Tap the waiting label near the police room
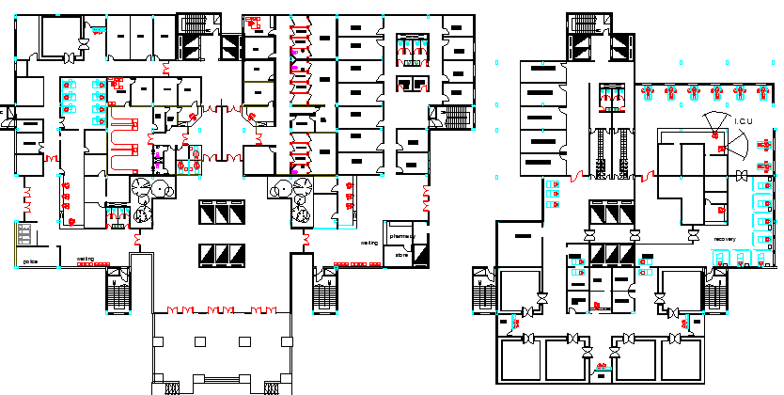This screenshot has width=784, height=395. pos(86,259)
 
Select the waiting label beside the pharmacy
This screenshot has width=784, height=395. pos(369,243)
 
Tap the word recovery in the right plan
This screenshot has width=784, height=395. pos(724,239)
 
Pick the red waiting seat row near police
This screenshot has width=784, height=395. pos(92,264)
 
